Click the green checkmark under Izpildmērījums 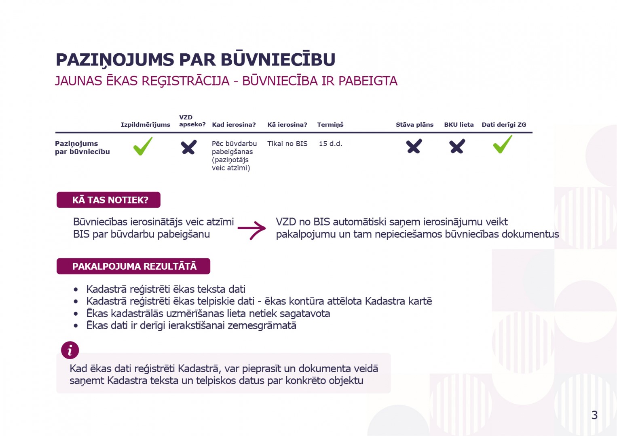(143, 146)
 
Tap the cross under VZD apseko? (188, 147)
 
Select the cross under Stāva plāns (414, 146)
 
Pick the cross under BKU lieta (457, 146)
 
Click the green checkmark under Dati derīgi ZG (503, 145)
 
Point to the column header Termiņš (330, 125)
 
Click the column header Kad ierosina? (234, 125)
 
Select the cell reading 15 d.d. (330, 144)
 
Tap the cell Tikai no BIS (287, 144)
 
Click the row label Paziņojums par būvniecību (82, 148)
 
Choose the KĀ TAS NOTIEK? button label (110, 200)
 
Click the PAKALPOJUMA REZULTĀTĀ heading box (134, 266)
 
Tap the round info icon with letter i (70, 350)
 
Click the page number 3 (594, 415)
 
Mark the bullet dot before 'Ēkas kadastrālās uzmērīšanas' (76, 314)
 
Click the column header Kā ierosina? (287, 125)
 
